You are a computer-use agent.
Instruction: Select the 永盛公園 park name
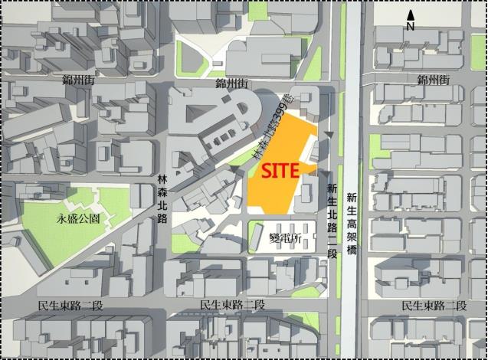(78, 218)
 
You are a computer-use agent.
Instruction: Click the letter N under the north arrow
(411, 25)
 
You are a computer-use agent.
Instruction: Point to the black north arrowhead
(411, 15)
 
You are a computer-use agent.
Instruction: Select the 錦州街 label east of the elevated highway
(433, 80)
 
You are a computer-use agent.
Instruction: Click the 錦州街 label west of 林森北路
(80, 80)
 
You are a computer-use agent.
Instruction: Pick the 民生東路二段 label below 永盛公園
(70, 305)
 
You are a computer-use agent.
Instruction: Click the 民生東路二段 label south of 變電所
(231, 305)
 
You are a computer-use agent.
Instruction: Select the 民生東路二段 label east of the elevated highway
(434, 305)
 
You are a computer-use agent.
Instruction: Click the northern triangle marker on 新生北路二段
(329, 136)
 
